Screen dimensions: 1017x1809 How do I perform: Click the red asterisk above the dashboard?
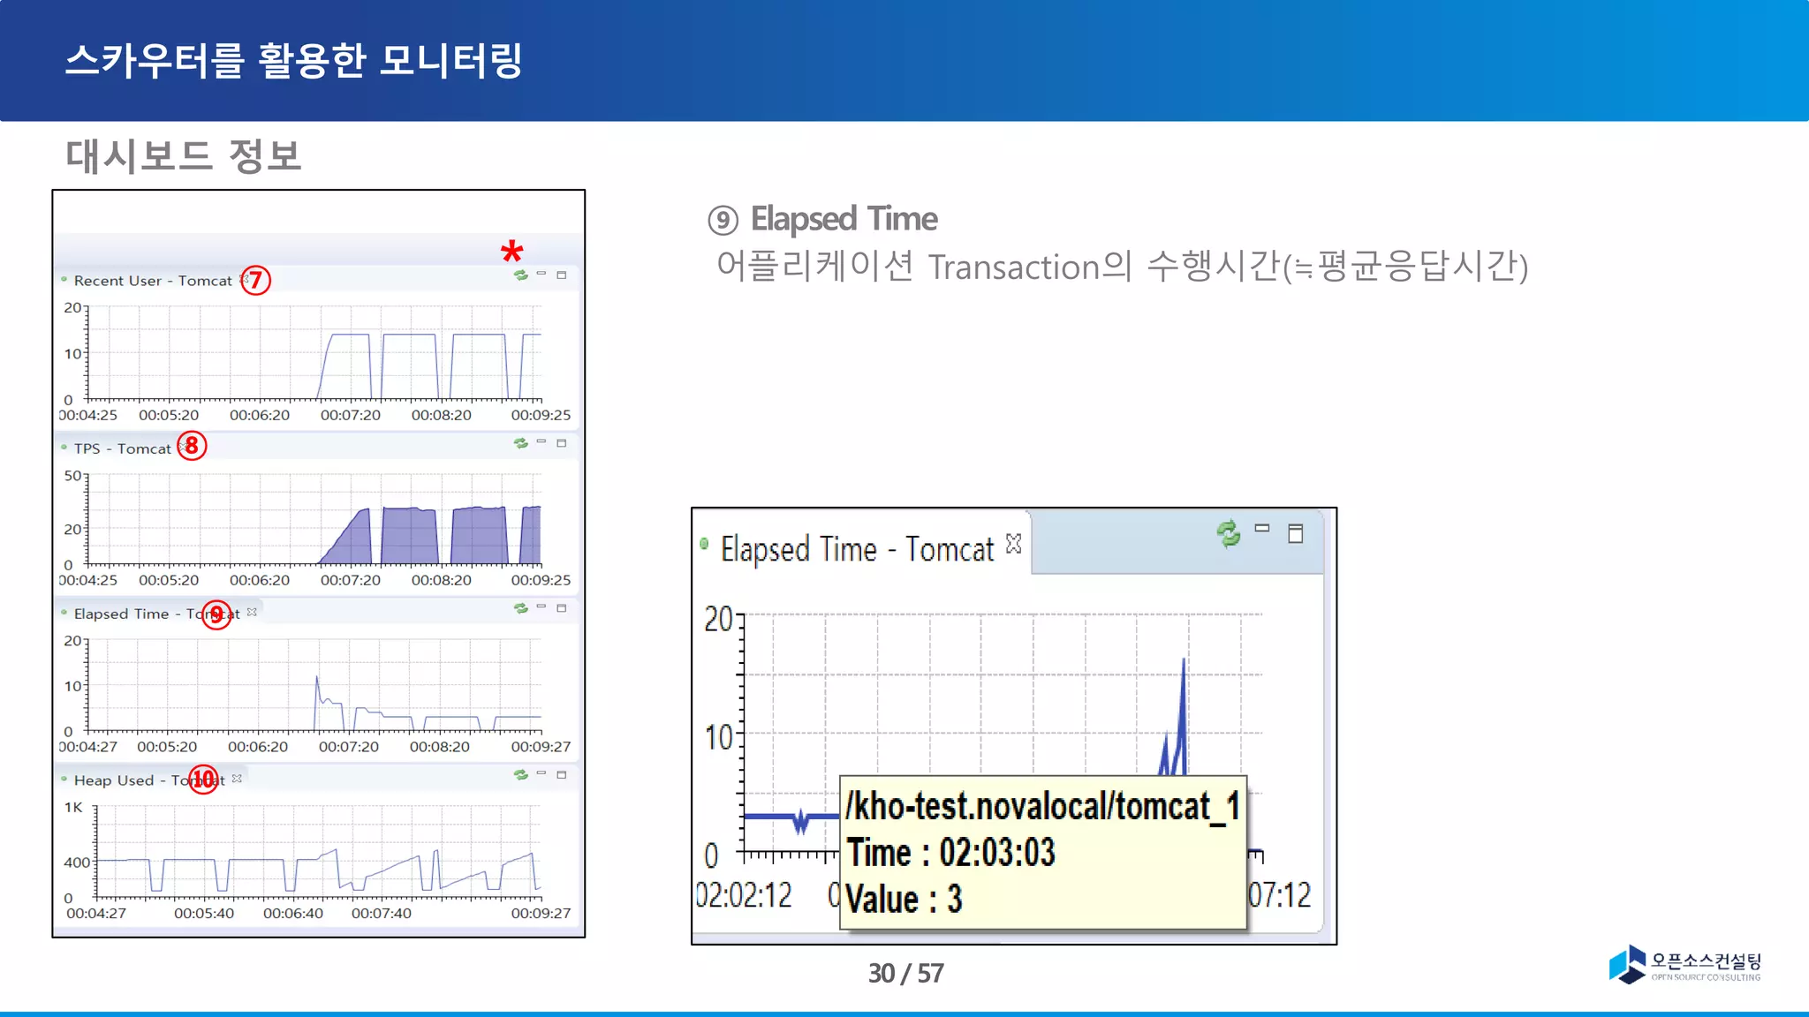tap(511, 252)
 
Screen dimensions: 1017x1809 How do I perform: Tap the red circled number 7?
tap(255, 281)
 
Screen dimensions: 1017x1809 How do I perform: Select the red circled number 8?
tap(192, 446)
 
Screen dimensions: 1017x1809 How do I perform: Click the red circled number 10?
tap(204, 779)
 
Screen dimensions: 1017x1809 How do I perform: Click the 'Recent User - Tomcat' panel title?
tap(152, 281)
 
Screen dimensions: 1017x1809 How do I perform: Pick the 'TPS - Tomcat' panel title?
tap(122, 448)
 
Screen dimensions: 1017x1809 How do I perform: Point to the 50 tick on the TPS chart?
tap(72, 476)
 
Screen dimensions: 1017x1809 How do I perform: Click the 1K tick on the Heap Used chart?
tap(73, 807)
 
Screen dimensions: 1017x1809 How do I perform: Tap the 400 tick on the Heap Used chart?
tap(76, 863)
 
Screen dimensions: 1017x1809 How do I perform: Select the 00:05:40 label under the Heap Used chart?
tap(204, 913)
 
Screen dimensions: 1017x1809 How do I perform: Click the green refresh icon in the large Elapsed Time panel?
tap(1228, 533)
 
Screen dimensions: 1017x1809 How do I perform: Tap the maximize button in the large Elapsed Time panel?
tap(1295, 533)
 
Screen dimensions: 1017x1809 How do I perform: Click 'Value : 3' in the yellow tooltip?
tap(904, 900)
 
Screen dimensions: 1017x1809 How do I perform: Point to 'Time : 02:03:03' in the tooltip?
tap(950, 853)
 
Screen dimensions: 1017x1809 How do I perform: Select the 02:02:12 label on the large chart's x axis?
tap(744, 895)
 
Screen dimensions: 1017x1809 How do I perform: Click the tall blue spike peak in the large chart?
tap(1184, 660)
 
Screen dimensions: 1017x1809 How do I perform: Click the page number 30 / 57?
tap(905, 973)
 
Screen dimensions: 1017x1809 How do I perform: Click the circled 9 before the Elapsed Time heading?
tap(723, 220)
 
